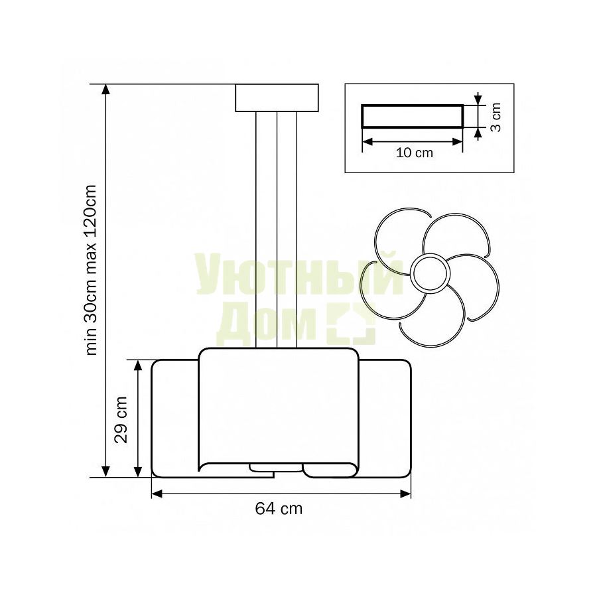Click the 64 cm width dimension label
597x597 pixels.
tap(279, 509)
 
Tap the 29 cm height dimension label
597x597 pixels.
tap(121, 420)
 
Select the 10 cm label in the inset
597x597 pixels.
tap(414, 153)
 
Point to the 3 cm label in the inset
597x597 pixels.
tap(496, 117)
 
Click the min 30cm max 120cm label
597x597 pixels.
tap(92, 270)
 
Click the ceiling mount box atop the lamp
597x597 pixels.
tap(277, 98)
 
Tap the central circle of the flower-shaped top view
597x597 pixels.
tap(431, 273)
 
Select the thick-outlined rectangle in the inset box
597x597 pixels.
tap(413, 116)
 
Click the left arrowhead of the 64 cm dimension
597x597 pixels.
tap(157, 494)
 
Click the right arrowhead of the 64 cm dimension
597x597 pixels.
tap(405, 494)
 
